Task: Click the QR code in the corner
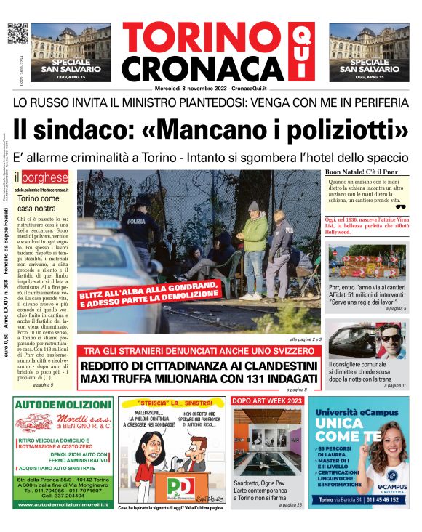pos(17,33)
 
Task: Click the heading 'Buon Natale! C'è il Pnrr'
pos(360,172)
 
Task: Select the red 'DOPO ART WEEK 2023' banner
pos(266,401)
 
